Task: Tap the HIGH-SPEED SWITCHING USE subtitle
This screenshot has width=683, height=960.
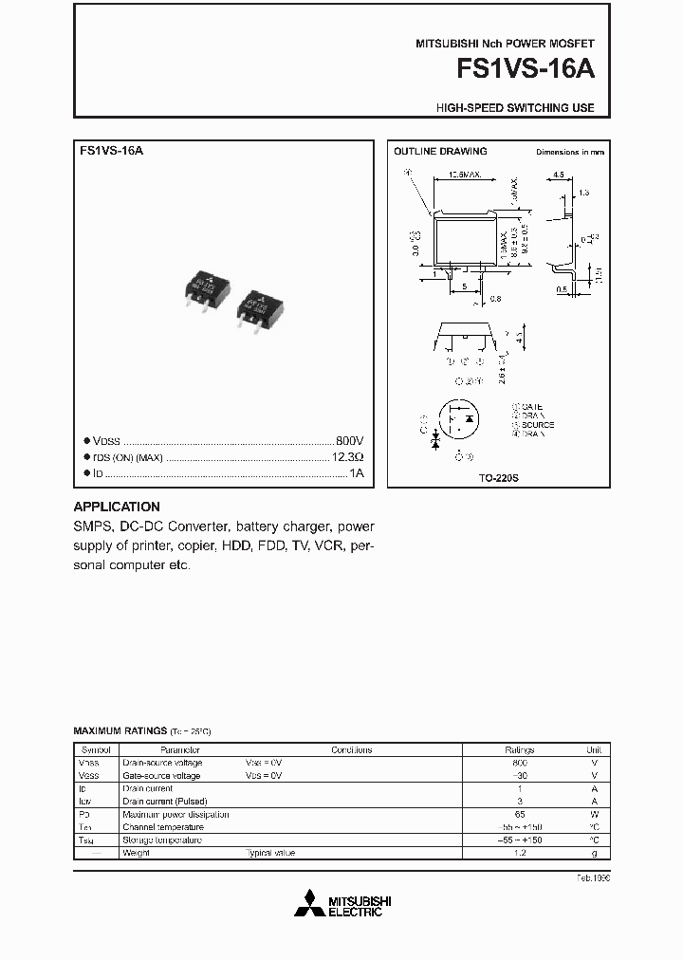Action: tap(515, 108)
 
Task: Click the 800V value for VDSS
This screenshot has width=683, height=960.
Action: tap(349, 442)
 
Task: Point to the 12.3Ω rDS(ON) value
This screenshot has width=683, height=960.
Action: tap(345, 457)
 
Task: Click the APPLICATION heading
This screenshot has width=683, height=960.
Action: tap(117, 507)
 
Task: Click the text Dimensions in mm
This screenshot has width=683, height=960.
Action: tap(569, 152)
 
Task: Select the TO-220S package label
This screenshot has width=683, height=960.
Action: tap(498, 480)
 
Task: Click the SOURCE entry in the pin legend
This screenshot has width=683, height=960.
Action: tap(536, 425)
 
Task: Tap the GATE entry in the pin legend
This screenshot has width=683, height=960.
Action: tap(531, 406)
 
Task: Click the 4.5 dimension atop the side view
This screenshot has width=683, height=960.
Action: tap(559, 175)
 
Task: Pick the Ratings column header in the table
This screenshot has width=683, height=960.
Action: tap(519, 749)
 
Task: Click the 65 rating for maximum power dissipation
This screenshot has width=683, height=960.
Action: tap(519, 814)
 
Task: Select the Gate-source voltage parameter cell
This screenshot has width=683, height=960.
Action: tap(161, 775)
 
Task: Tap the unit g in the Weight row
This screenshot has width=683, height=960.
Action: tap(594, 853)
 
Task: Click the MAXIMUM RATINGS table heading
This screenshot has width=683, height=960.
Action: tap(120, 731)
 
